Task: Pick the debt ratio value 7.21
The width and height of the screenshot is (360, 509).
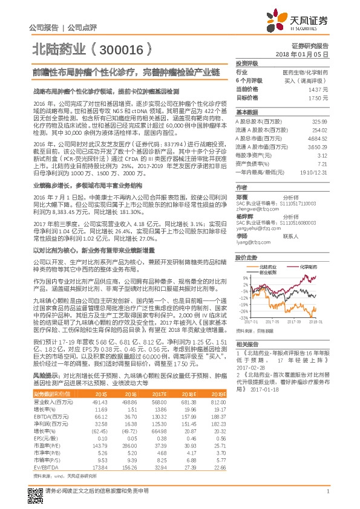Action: (324, 163)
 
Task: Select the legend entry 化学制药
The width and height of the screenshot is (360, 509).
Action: (309, 249)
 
